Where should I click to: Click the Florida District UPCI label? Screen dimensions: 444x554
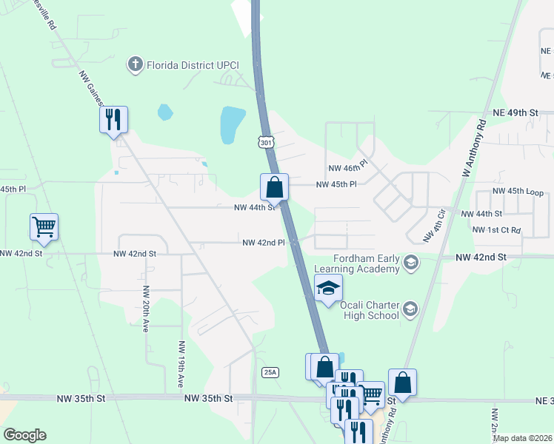click(x=192, y=64)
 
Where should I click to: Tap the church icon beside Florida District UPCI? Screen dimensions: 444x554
click(x=135, y=64)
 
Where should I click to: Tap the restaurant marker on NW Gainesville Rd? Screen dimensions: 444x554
click(x=113, y=119)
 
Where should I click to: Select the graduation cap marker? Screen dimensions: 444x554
click(x=328, y=289)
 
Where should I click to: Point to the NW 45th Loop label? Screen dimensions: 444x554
click(x=516, y=193)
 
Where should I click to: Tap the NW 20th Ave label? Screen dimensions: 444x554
click(x=146, y=309)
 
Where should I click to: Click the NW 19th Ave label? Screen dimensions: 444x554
click(x=181, y=365)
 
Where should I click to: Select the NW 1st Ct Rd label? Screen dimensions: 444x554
click(x=496, y=230)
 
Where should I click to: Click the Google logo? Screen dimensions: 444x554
click(x=24, y=435)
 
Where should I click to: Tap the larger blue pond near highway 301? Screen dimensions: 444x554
click(x=232, y=124)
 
